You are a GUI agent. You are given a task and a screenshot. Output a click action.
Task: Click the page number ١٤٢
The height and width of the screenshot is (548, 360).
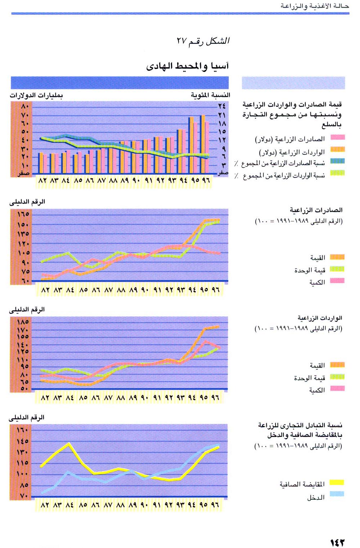(337, 542)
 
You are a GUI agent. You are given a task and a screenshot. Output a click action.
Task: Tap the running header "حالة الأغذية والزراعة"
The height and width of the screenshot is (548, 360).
(315, 6)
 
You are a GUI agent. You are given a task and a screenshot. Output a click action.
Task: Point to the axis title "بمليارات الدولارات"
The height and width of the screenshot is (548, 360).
(36, 95)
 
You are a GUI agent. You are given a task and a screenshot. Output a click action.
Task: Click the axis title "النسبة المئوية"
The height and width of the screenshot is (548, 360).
(210, 95)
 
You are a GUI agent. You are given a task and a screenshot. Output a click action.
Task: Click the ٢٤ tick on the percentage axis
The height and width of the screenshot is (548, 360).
(222, 106)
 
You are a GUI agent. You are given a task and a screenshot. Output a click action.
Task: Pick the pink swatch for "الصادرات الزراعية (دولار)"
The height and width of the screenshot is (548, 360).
(338, 137)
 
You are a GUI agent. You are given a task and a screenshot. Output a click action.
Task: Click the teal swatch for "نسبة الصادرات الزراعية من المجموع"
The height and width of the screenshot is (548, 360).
(338, 161)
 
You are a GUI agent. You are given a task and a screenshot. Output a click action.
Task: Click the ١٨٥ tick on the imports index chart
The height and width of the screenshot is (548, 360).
(23, 322)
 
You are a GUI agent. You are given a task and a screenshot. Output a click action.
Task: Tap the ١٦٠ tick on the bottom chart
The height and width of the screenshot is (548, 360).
(23, 430)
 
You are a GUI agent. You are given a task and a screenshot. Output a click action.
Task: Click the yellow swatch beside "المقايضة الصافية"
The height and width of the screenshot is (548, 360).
(337, 482)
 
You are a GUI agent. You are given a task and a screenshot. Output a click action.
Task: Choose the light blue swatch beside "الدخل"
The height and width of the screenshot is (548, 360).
(337, 494)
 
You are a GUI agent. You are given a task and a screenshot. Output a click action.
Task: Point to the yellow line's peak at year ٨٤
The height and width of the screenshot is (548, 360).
(69, 444)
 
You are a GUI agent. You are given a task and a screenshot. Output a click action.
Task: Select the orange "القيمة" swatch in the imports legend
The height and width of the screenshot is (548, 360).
(337, 365)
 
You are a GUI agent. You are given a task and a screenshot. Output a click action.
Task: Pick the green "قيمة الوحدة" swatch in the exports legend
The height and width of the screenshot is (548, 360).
(337, 269)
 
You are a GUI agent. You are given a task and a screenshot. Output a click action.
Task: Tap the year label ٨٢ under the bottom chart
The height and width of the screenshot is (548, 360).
(45, 505)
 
